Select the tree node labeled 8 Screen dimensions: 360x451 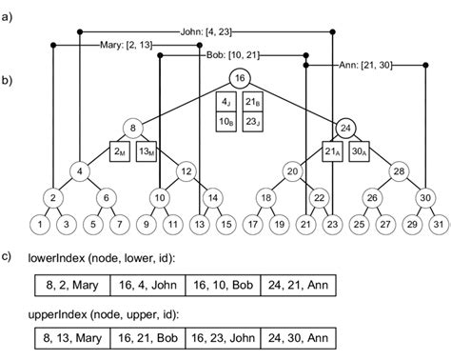pos(134,127)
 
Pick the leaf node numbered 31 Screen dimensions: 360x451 pos(438,224)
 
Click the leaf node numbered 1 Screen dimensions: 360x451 pos(40,224)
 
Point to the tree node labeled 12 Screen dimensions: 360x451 pos(187,171)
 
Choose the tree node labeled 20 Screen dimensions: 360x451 pos(292,171)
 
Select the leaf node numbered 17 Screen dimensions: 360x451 pos(253,224)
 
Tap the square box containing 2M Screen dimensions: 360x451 pos(121,151)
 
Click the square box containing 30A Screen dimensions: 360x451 pos(360,151)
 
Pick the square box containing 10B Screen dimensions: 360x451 pos(225,121)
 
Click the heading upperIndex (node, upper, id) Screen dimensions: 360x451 pos(101,313)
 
